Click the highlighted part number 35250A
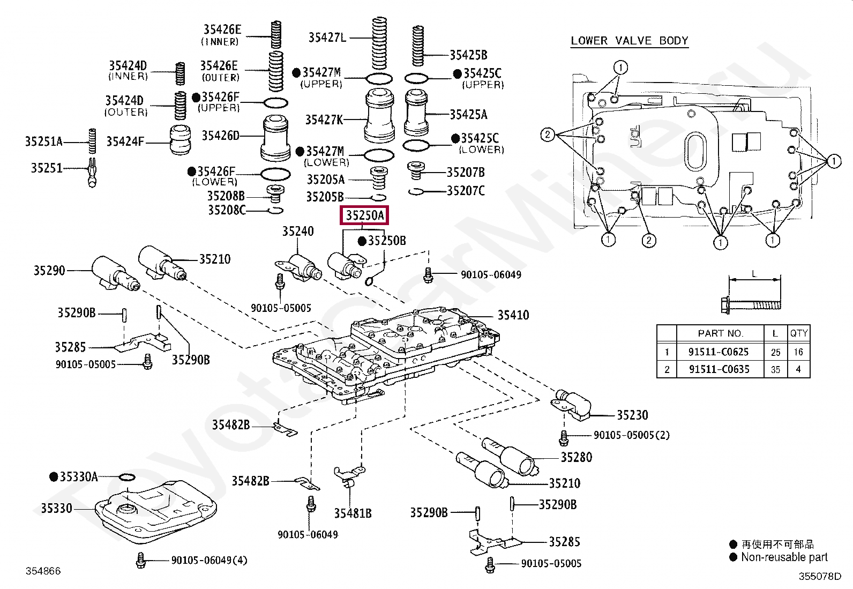pyautogui.click(x=365, y=215)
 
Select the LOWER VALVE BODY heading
pyautogui.click(x=629, y=41)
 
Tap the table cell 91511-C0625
pyautogui.click(x=719, y=352)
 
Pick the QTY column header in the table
pyautogui.click(x=798, y=333)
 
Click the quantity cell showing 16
pyautogui.click(x=798, y=352)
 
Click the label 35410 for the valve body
pyautogui.click(x=513, y=315)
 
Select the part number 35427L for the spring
pyautogui.click(x=327, y=37)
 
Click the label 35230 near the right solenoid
pyautogui.click(x=632, y=415)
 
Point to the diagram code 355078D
pyautogui.click(x=820, y=577)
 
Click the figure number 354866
pyautogui.click(x=43, y=571)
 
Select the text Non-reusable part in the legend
pyautogui.click(x=784, y=557)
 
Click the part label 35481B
pyautogui.click(x=353, y=513)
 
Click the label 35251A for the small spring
pyautogui.click(x=43, y=142)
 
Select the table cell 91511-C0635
pyautogui.click(x=719, y=369)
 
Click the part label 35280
pyautogui.click(x=576, y=457)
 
